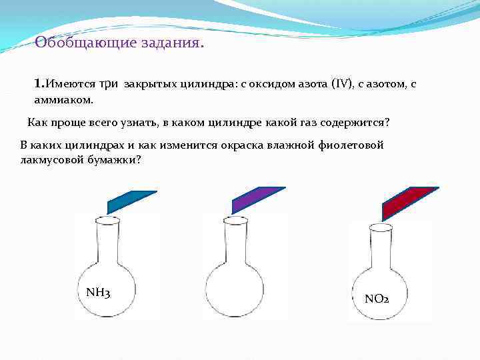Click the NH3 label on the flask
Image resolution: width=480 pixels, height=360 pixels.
(x=98, y=292)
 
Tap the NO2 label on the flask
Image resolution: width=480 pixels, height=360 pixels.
(x=377, y=298)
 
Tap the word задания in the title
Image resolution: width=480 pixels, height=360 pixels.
(x=174, y=43)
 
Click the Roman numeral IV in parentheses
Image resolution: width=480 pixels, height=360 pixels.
(x=340, y=85)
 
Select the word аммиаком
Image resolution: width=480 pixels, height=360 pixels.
(x=63, y=99)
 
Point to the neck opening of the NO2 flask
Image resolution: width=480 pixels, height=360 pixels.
(x=381, y=227)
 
